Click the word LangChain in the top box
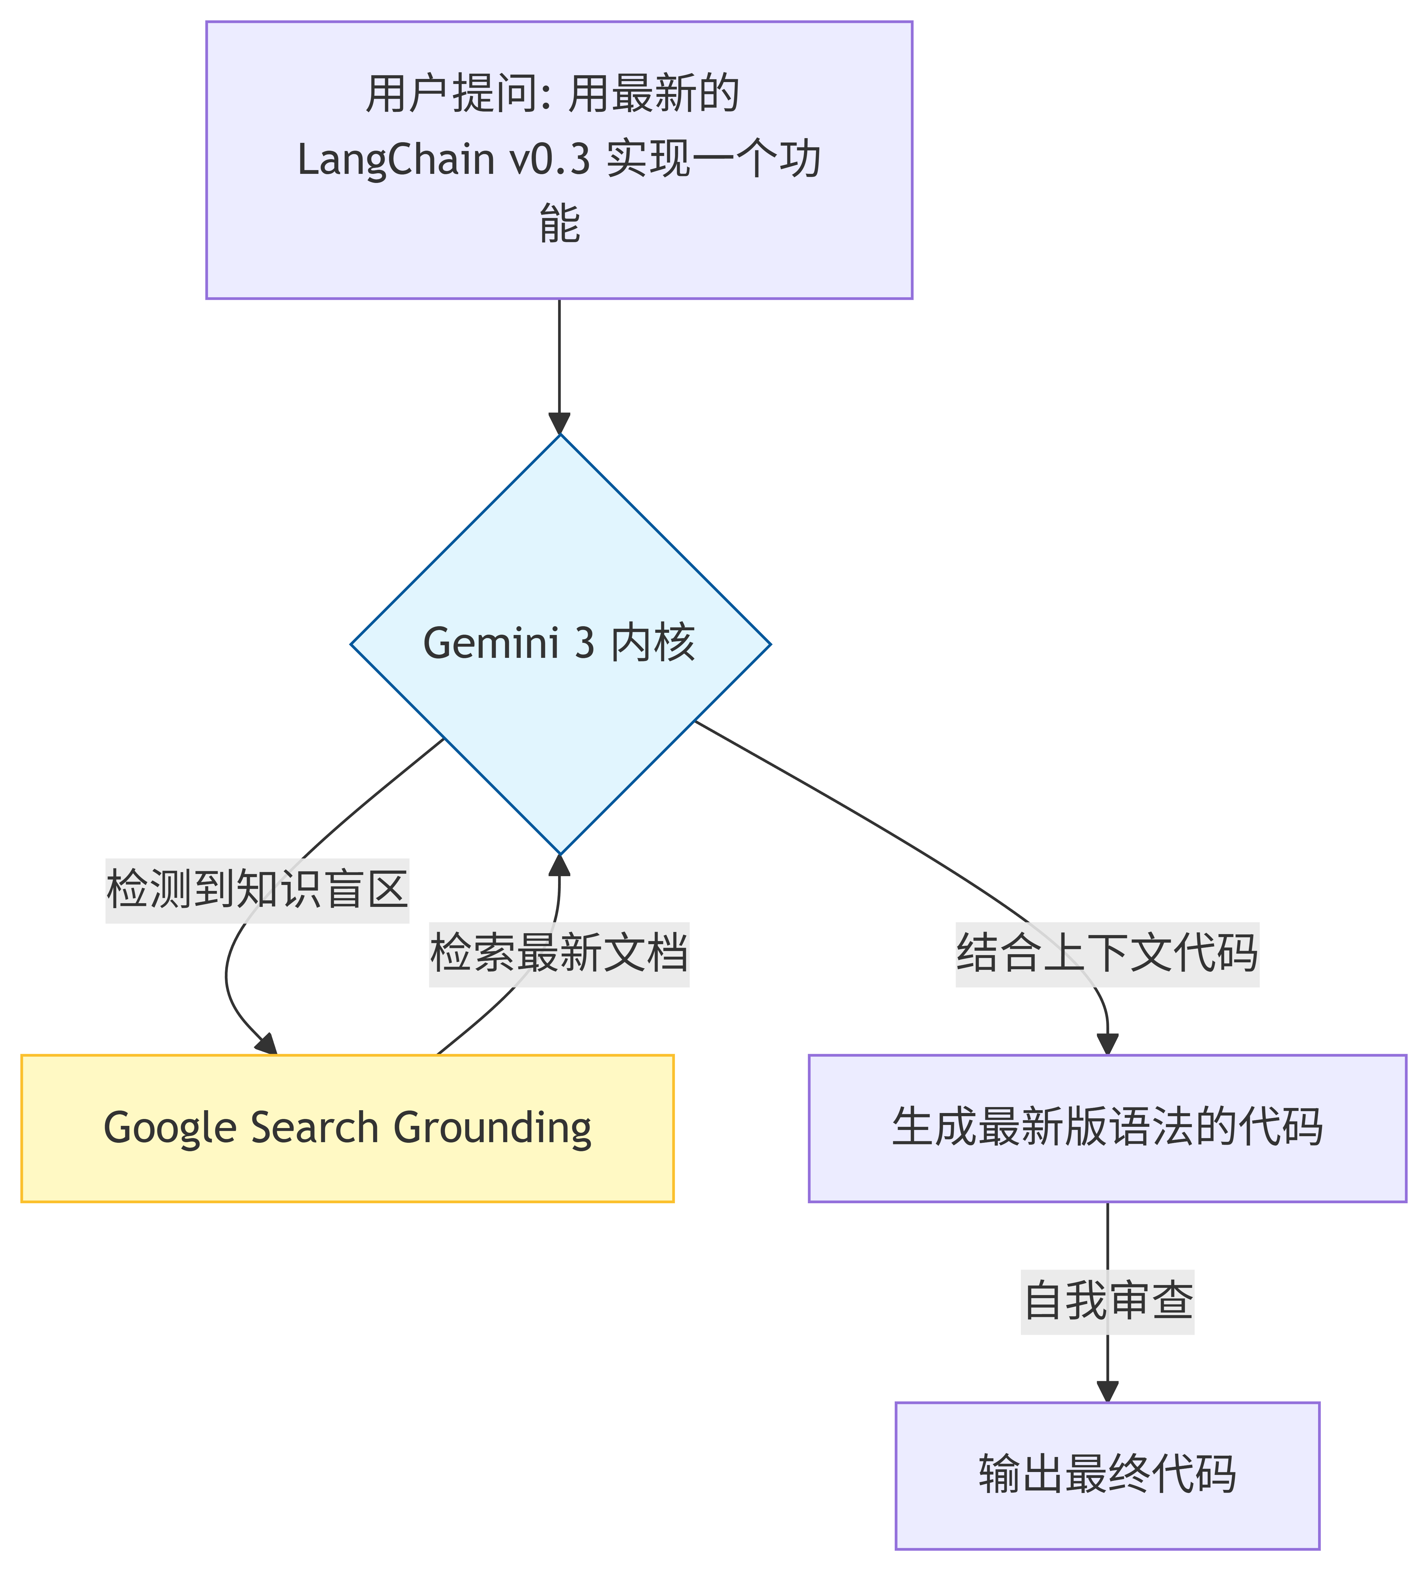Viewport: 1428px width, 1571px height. (x=396, y=160)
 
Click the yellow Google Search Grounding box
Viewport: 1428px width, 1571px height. (x=348, y=1128)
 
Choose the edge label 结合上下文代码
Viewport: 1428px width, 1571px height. (x=1107, y=952)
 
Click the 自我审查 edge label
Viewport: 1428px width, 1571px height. (x=1107, y=1300)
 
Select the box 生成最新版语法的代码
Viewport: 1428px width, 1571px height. (x=1107, y=1128)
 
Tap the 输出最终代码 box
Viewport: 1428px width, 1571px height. (x=1107, y=1475)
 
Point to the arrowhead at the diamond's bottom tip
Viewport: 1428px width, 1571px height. (x=559, y=865)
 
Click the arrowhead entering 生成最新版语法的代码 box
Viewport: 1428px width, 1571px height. (x=1107, y=1044)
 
